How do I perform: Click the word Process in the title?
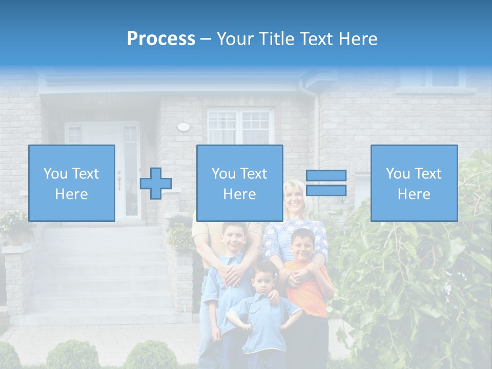tap(161, 39)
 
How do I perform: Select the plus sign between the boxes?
tap(156, 183)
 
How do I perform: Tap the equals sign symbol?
tap(326, 183)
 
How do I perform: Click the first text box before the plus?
tap(71, 183)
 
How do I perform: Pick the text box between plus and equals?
tap(239, 183)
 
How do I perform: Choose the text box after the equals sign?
tap(414, 183)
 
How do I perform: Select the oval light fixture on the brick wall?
tap(183, 127)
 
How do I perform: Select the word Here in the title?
tap(357, 39)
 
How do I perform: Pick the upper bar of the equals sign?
tap(326, 176)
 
